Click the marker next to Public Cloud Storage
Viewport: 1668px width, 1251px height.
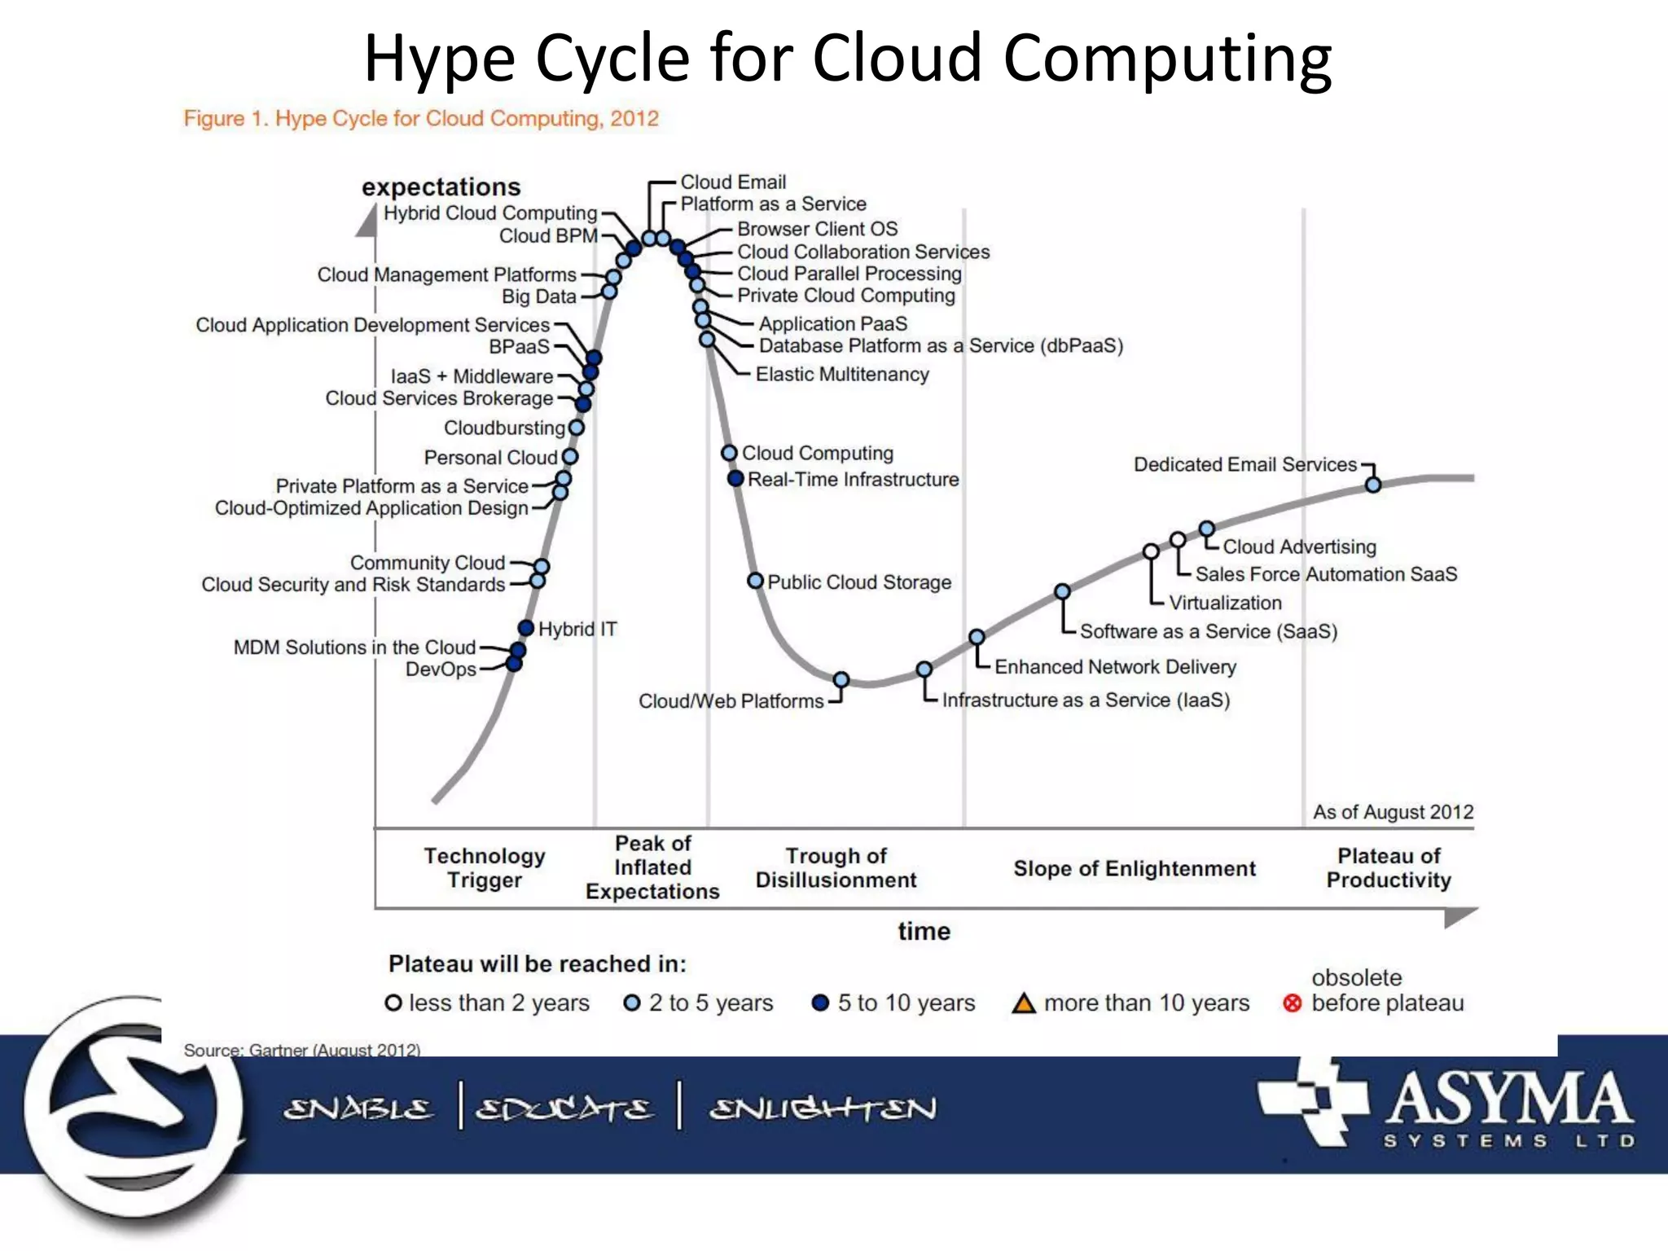click(755, 581)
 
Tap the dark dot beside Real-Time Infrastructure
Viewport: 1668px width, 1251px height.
click(735, 479)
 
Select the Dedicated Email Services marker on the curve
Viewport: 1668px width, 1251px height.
click(1373, 485)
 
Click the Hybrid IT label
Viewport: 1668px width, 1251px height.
click(577, 629)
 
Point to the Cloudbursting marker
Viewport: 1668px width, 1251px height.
click(577, 428)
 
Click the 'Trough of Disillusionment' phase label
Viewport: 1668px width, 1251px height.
click(836, 867)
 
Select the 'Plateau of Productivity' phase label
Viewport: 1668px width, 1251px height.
click(1389, 867)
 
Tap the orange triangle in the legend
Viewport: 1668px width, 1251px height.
click(1023, 1003)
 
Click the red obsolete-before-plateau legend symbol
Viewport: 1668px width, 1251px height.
click(1292, 1003)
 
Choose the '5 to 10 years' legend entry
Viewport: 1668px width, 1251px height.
click(894, 1003)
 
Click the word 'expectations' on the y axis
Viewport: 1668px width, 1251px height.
click(441, 187)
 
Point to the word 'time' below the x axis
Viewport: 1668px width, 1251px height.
click(924, 931)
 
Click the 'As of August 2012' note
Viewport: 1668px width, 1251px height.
click(1393, 812)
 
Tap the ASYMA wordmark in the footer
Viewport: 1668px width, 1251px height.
click(1508, 1098)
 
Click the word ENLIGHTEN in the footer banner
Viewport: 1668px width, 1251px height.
click(823, 1108)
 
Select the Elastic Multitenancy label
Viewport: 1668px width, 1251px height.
click(842, 374)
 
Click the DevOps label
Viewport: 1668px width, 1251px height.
click(441, 669)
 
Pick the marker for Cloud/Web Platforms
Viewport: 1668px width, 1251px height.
click(841, 680)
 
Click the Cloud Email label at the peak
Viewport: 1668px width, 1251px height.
click(733, 182)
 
